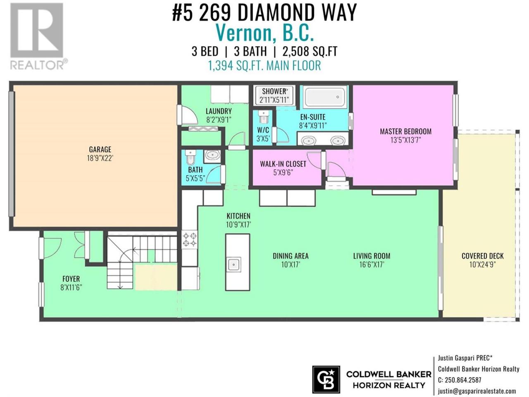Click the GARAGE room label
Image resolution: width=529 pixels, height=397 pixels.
pos(100,149)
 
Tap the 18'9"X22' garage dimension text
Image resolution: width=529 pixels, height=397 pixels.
pos(100,158)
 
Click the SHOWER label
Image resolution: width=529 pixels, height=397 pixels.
pos(274,91)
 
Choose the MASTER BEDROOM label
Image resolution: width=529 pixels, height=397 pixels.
pos(405,132)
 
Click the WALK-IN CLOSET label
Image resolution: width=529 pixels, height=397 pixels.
pos(283,164)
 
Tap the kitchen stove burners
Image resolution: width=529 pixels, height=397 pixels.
pos(190,239)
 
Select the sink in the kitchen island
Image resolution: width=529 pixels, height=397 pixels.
pos(234,265)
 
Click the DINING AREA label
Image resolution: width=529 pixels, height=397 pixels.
pos(291,256)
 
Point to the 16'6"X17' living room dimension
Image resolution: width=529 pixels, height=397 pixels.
pos(372,264)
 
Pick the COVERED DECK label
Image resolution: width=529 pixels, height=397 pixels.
pos(482,256)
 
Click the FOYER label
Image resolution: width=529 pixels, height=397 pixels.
pos(71,279)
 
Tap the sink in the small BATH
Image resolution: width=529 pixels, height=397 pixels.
pos(212,156)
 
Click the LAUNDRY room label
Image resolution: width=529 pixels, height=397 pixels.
pos(219,111)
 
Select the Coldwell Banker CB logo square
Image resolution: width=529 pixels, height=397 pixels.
pos(326,380)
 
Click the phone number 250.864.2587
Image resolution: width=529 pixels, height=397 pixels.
pos(463,380)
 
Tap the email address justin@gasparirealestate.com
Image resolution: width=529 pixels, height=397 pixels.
pos(477,391)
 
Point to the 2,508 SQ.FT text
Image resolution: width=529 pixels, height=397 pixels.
pos(310,51)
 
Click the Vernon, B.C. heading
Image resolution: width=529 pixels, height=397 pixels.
pos(264,33)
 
